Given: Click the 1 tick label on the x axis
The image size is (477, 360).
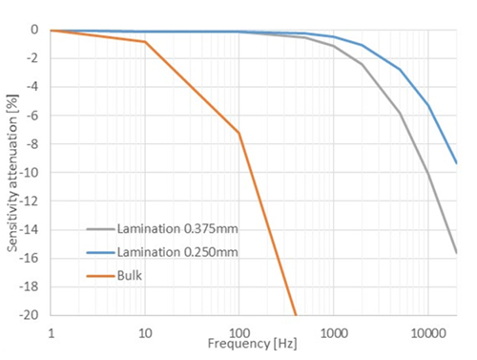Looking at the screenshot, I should (x=51, y=331).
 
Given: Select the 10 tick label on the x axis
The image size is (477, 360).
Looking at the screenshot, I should (x=145, y=331).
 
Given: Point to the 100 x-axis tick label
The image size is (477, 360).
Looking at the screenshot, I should (x=238, y=331).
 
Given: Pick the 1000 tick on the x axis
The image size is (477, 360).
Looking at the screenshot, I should (x=333, y=331).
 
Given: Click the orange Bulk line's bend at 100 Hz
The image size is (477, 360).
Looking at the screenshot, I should (x=239, y=133).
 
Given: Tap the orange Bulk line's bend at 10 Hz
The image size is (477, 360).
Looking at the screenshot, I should (x=145, y=42).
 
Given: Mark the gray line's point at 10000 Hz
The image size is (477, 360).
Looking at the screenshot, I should (x=428, y=175).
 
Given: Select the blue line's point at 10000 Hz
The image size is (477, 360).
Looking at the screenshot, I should (x=428, y=106).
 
